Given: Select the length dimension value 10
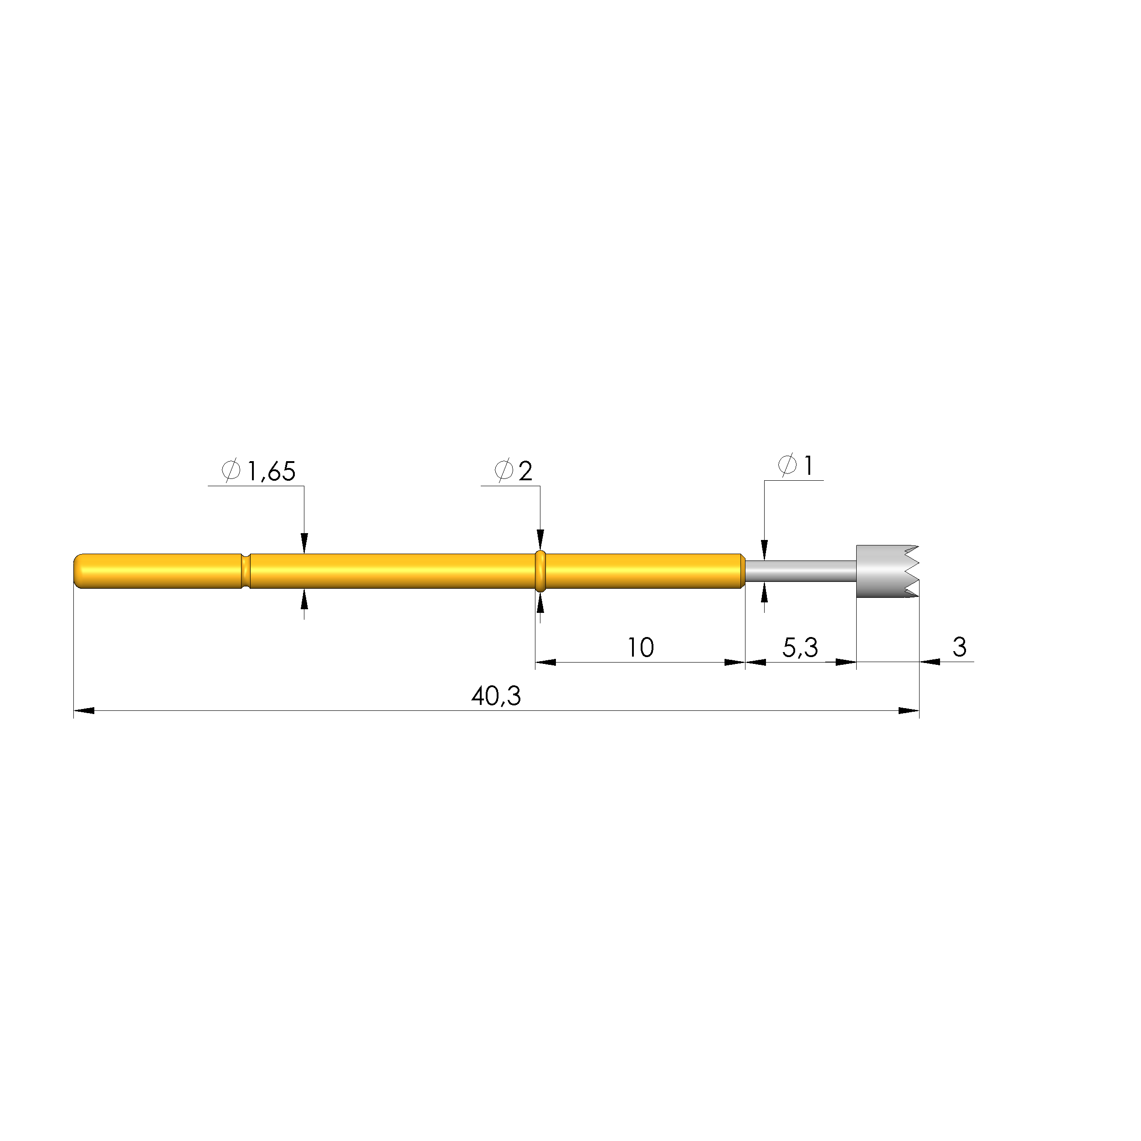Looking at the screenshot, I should (640, 648).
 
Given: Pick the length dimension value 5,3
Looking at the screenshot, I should (800, 648).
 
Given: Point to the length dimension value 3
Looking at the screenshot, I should (959, 647).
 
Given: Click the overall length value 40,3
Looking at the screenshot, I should (496, 697).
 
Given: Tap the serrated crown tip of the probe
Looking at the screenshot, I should (888, 571).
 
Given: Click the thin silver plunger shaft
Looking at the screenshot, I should (800, 571).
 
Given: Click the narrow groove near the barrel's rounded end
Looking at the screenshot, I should (246, 571).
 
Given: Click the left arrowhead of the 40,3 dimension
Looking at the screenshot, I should (84, 710).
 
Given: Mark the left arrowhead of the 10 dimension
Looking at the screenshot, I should (546, 663).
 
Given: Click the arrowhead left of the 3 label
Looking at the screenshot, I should (930, 662).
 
